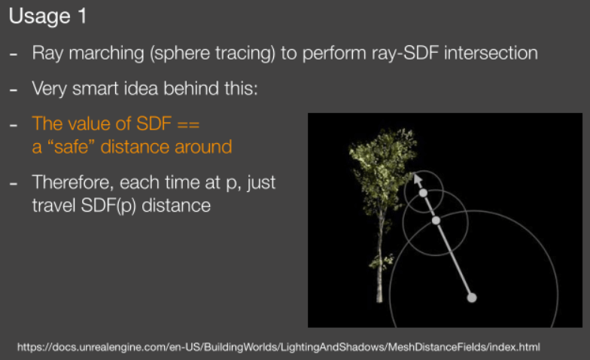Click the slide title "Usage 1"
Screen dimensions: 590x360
pos(48,17)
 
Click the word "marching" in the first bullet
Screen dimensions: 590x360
pos(107,53)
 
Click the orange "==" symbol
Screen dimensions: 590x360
pos(188,124)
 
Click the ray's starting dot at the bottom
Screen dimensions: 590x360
pos(472,298)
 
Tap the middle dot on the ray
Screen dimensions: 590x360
pos(436,220)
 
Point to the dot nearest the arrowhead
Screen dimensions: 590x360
pos(423,193)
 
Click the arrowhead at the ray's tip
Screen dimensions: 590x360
pos(417,179)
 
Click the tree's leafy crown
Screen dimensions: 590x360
pos(382,166)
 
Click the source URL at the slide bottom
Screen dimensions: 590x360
pos(278,347)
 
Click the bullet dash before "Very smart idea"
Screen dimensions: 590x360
pos(14,90)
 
